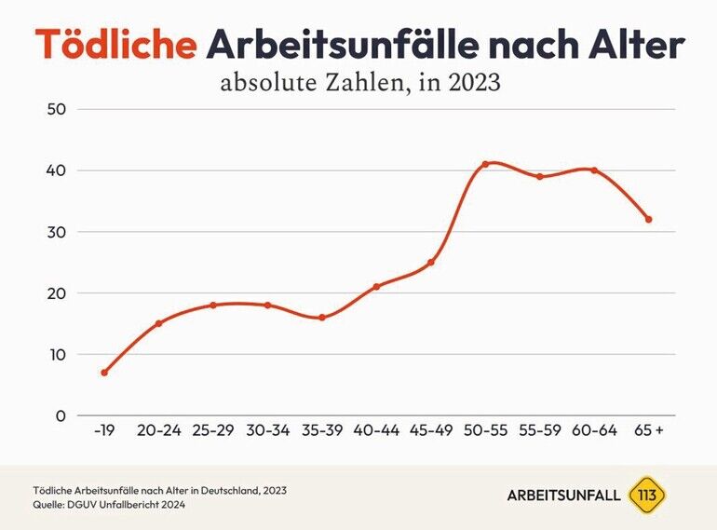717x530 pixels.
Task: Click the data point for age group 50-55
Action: (485, 164)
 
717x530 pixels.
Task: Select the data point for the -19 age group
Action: (104, 373)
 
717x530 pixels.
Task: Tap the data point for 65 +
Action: (649, 220)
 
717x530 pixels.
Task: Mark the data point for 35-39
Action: (322, 318)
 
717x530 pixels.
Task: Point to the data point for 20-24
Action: (158, 323)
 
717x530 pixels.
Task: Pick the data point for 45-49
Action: (431, 263)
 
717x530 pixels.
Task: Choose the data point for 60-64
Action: (594, 170)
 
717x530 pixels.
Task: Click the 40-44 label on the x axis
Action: (376, 430)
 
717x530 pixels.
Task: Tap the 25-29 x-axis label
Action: (213, 430)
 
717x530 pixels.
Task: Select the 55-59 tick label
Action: (539, 430)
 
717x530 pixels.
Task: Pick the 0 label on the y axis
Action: (61, 415)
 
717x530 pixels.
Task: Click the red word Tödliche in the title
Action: (115, 45)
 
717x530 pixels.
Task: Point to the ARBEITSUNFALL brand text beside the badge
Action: (563, 496)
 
